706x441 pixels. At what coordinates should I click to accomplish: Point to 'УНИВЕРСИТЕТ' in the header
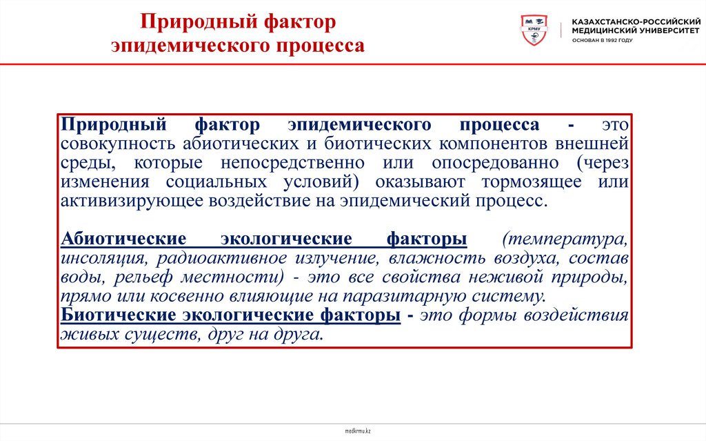[657, 30]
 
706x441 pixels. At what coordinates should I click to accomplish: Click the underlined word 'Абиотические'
[123, 239]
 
